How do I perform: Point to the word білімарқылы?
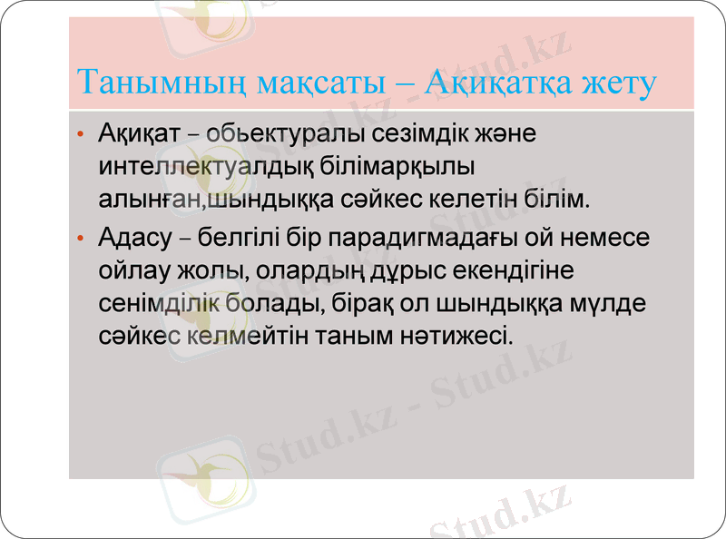pyautogui.click(x=400, y=164)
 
